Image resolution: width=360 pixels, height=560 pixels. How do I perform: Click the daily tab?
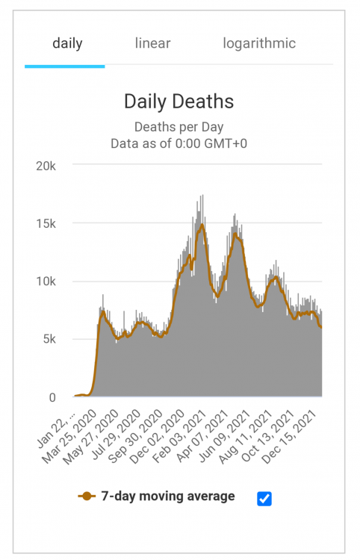pos(67,43)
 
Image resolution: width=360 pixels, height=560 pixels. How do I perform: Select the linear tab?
pos(152,43)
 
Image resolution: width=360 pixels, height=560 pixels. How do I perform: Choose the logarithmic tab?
pos(259,43)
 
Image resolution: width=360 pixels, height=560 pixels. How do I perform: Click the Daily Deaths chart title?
pos(179,102)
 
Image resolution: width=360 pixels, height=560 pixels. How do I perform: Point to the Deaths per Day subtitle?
pos(179,127)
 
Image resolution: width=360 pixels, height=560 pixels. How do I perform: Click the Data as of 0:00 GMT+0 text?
pos(179,143)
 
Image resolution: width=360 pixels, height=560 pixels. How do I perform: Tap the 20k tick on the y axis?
pos(46,165)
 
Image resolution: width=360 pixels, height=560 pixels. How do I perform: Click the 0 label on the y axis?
pos(52,397)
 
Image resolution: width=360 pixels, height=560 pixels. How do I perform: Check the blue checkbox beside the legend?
pos(264,498)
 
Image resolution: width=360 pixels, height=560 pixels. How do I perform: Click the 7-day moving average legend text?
pos(168,497)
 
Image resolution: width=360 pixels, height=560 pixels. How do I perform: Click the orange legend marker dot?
pos(87,497)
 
